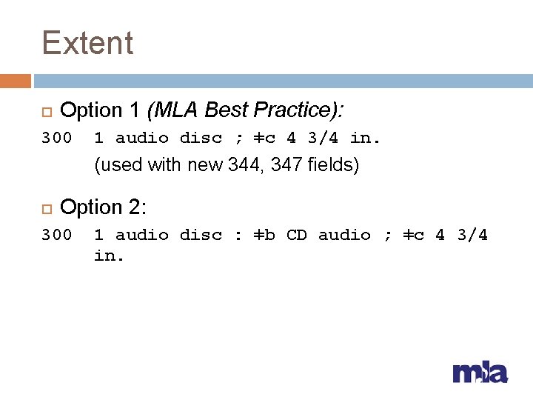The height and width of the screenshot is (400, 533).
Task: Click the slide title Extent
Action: point(87,43)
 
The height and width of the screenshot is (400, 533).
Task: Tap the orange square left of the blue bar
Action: point(16,81)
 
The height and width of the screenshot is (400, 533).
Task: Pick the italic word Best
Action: point(227,110)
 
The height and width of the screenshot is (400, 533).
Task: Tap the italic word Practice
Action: point(296,110)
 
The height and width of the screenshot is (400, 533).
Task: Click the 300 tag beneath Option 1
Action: point(57,138)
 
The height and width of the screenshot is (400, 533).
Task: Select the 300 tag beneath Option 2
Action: point(57,235)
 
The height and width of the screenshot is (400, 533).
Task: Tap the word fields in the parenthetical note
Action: point(333,164)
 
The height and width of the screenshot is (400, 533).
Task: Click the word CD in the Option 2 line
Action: point(296,235)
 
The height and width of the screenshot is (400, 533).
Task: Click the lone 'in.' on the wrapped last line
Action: point(109,257)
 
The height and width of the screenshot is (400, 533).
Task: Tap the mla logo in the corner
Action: point(480,372)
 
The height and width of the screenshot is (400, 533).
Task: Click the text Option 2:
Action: point(103,207)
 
